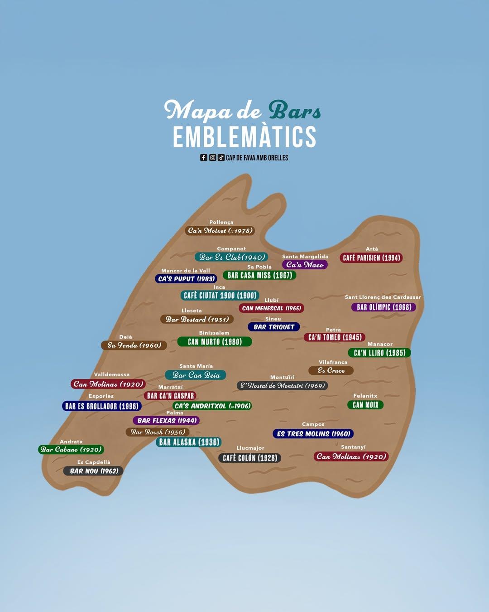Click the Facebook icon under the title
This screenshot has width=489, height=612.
204,158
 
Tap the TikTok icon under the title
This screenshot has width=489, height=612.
221,158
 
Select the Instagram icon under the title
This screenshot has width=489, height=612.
212,158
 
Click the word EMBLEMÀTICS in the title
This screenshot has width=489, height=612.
244,137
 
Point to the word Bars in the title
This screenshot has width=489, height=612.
294,111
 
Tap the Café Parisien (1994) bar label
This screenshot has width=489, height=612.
371,258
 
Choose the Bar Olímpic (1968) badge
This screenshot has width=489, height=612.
384,307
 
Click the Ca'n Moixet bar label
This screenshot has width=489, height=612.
220,231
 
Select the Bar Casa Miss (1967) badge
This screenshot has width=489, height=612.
259,275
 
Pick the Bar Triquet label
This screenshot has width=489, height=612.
273,327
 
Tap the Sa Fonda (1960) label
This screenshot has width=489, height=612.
134,345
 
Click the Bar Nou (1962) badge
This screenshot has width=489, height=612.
94,471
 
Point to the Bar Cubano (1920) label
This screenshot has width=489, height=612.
71,450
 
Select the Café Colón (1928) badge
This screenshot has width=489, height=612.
250,458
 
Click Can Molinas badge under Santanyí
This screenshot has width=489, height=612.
351,457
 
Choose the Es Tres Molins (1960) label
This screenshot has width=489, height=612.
313,434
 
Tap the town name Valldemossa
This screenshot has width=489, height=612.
111,374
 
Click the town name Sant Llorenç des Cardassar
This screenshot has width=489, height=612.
383,297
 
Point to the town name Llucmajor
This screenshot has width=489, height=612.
250,448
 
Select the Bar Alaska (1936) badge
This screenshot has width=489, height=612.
189,442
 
